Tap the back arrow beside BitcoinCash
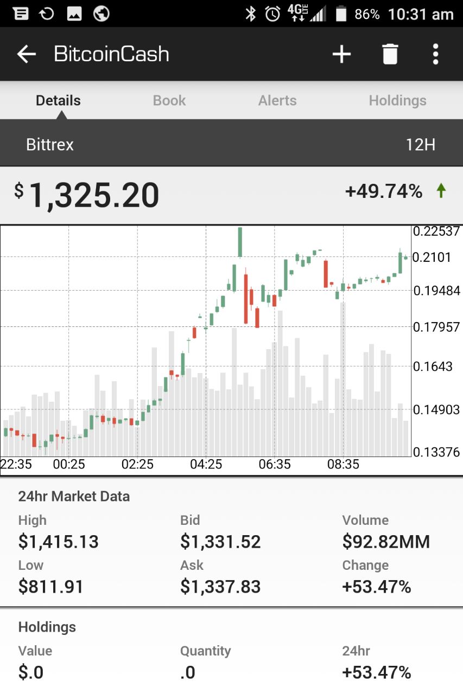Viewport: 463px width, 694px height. [x=26, y=54]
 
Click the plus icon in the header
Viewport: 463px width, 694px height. [x=341, y=54]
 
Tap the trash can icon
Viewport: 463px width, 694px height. [x=390, y=54]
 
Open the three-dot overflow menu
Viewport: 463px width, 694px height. [x=435, y=54]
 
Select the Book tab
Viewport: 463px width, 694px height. [x=169, y=100]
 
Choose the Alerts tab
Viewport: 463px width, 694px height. [x=277, y=100]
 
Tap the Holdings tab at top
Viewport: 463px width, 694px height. [x=397, y=100]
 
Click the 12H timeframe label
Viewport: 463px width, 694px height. [x=420, y=145]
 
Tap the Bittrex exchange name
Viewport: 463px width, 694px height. [x=50, y=145]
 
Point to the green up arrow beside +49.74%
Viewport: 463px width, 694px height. [x=441, y=190]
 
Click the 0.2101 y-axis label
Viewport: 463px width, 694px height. [x=432, y=257]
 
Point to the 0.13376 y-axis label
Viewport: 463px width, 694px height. [x=436, y=452]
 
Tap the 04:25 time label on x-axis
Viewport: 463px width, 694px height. [x=206, y=464]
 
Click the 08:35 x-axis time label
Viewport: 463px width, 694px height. [x=344, y=464]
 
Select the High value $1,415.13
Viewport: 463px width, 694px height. [x=59, y=542]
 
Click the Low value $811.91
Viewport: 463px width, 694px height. [x=51, y=587]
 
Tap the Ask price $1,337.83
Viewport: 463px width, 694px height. [x=220, y=587]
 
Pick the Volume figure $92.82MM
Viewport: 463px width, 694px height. [x=386, y=542]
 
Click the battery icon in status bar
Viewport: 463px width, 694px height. [x=341, y=14]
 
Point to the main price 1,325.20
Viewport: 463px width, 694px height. [x=94, y=195]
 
